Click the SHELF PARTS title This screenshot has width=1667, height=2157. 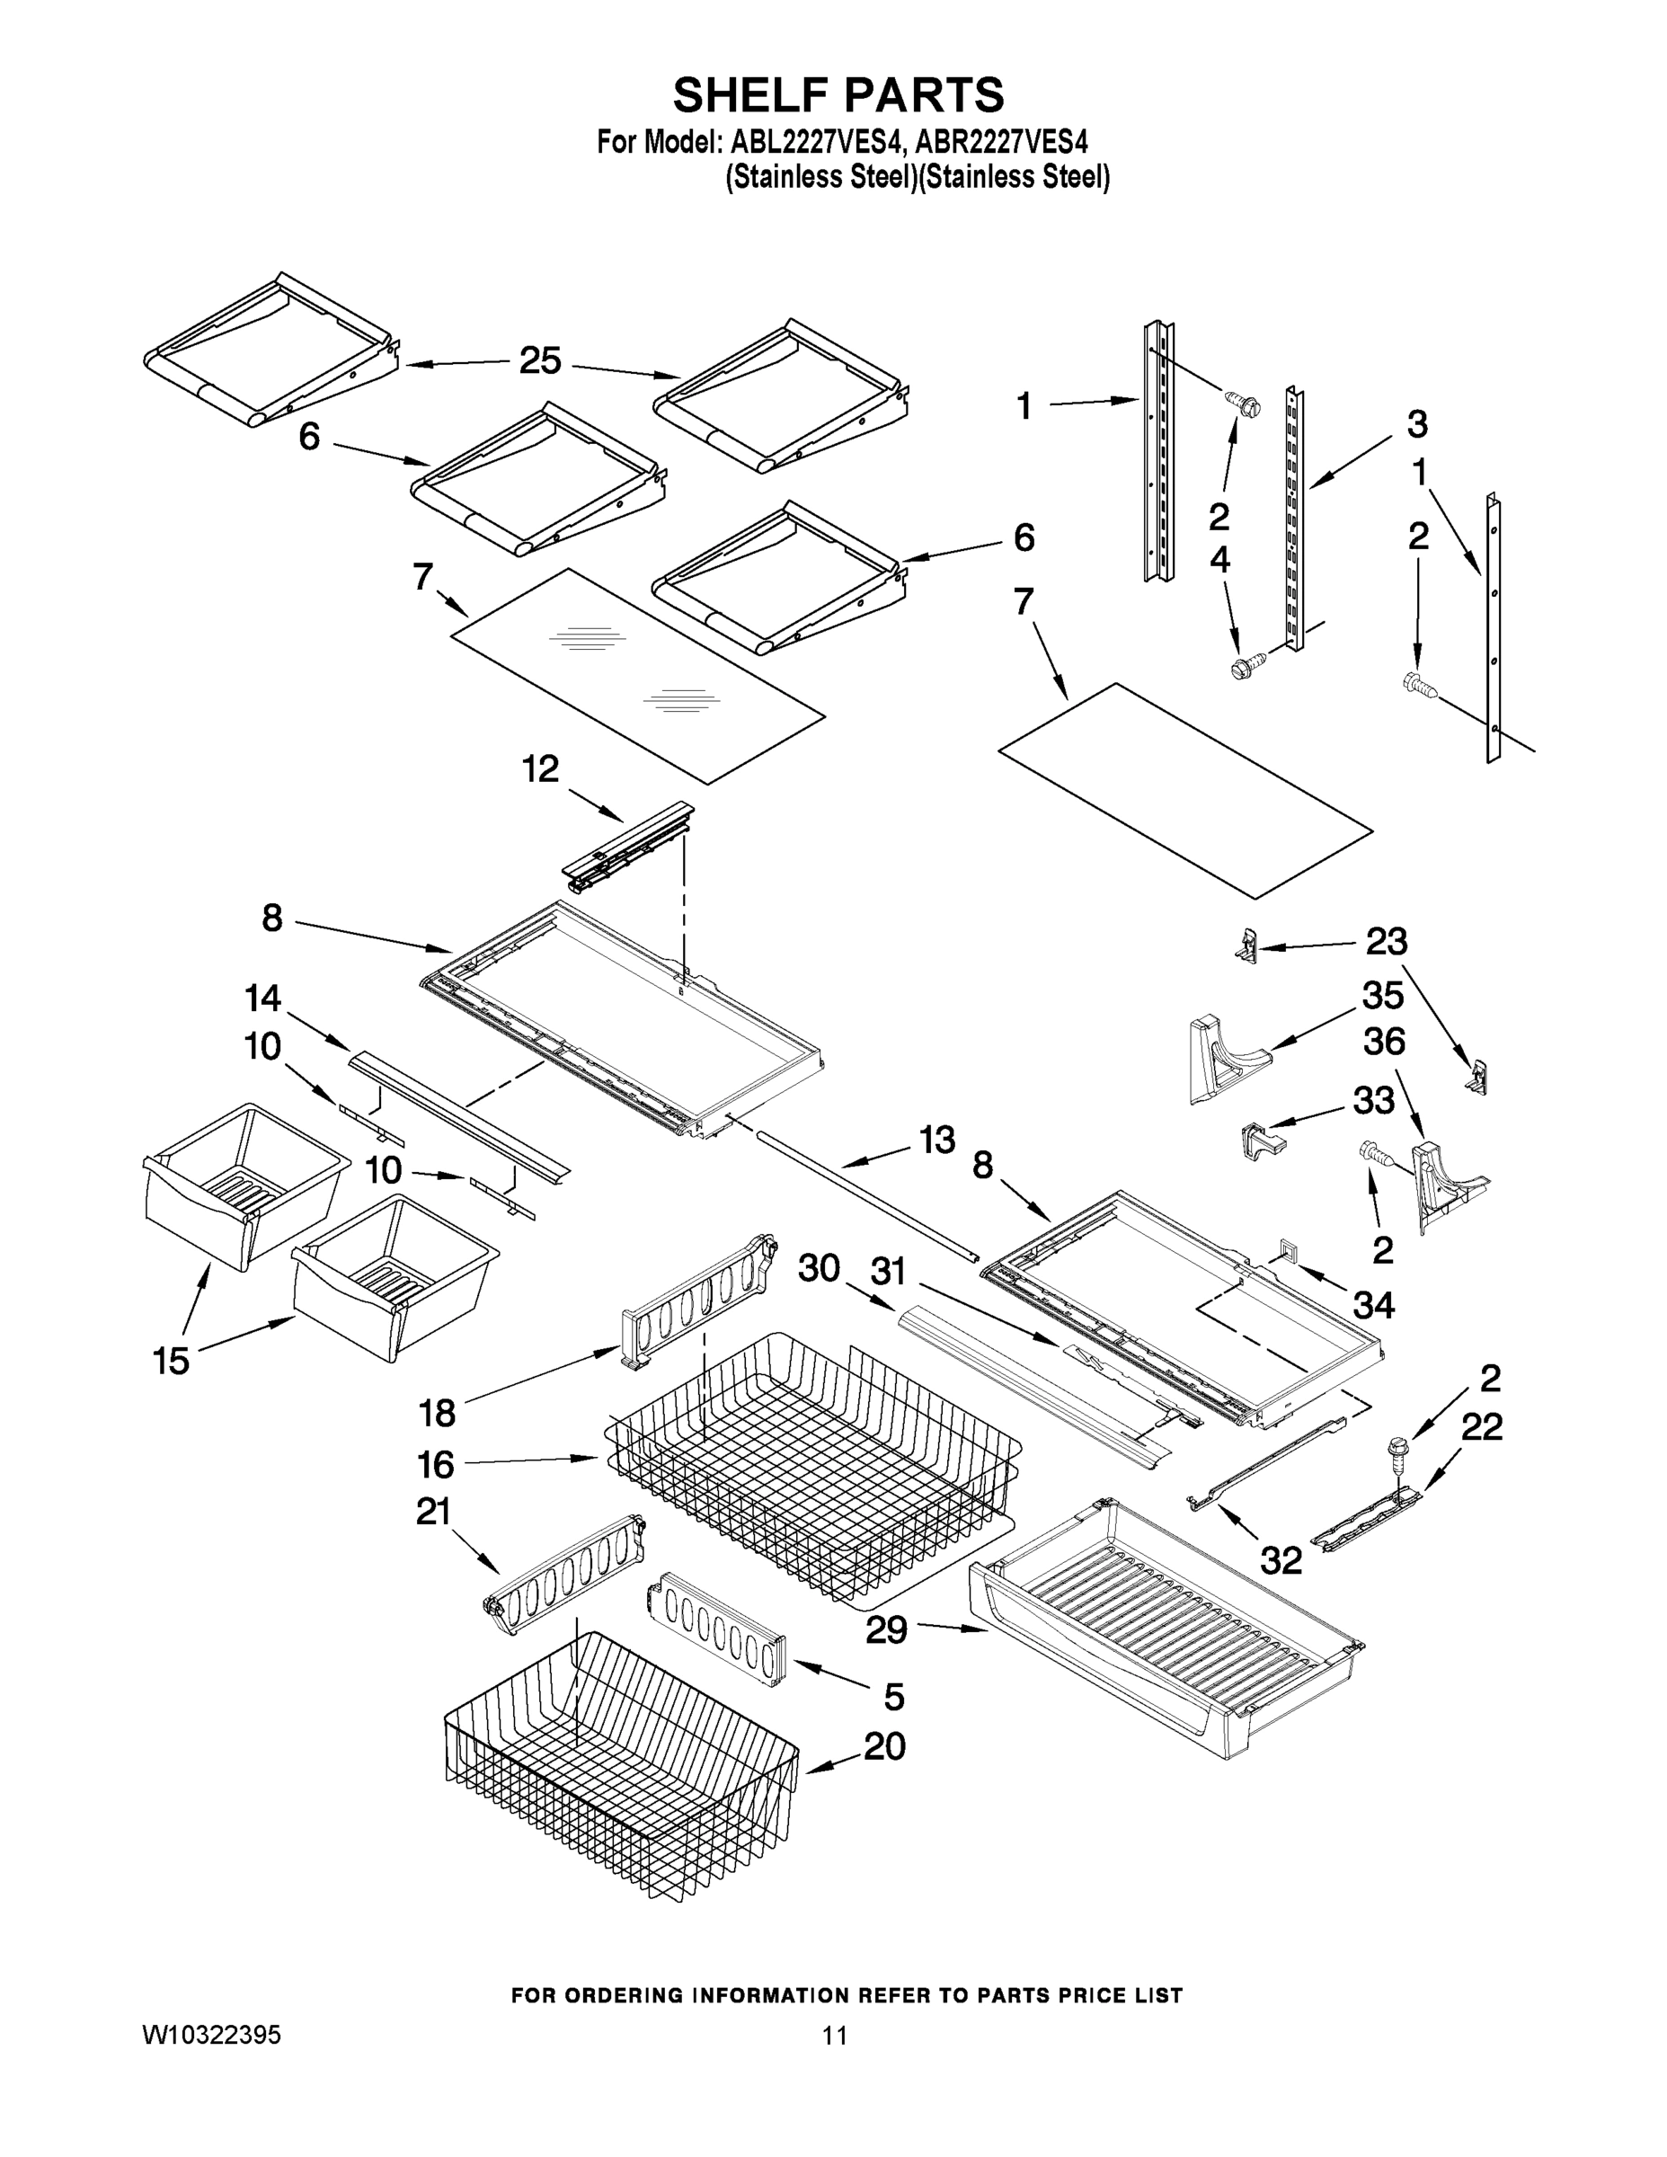pos(838,96)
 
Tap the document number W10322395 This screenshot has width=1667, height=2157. pos(211,2035)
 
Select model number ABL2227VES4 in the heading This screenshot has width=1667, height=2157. pos(816,142)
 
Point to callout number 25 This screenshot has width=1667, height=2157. pos(540,361)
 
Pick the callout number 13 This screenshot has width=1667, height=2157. pos(936,1140)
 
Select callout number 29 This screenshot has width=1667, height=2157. pos(886,1629)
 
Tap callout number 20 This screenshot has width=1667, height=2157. pos(884,1746)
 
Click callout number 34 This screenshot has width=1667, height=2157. pos(1373,1306)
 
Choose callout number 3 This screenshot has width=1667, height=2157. pos(1416,425)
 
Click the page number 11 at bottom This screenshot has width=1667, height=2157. pos(835,2036)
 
